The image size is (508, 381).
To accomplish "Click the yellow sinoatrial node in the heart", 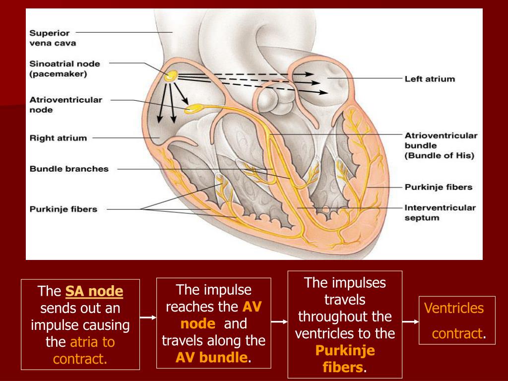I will tap(171, 76).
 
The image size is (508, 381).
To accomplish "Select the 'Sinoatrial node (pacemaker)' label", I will tap(64, 69).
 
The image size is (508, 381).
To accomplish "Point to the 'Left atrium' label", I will tap(429, 78).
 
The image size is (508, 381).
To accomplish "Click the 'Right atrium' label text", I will tap(58, 138).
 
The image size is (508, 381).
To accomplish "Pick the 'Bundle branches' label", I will tap(69, 169).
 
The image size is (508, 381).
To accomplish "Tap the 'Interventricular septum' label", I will tap(440, 212).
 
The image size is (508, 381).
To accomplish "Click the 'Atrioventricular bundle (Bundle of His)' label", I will tap(440, 145).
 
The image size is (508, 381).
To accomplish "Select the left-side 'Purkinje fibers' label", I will tap(63, 209).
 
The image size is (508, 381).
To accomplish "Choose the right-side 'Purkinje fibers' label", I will tap(439, 187).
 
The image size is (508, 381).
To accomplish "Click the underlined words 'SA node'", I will tap(94, 291).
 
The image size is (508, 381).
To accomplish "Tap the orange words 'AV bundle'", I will tap(212, 358).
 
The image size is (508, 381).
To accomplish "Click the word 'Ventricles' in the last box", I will tap(454, 308).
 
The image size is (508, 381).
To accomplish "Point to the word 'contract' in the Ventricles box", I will tap(457, 333).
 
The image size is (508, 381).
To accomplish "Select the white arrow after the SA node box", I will tap(147, 316).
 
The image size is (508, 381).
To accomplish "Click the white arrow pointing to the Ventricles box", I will tap(410, 321).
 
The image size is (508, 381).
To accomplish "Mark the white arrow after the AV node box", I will tap(280, 321).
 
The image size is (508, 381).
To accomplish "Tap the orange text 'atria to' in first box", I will tap(92, 342).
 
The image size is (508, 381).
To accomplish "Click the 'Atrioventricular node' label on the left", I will tap(65, 104).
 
